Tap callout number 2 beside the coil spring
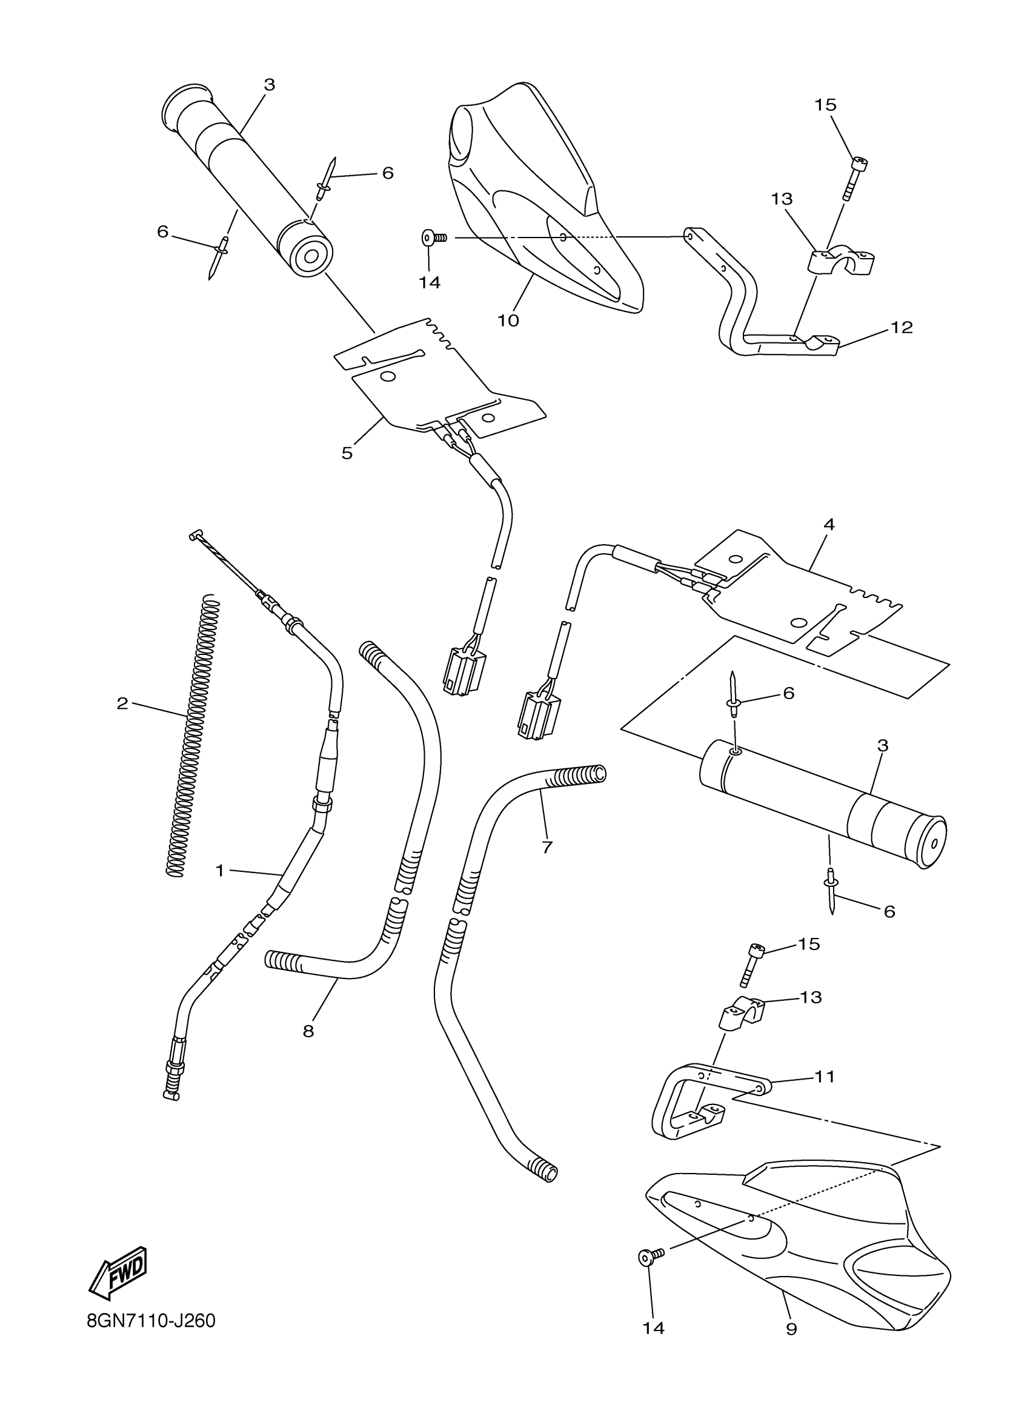[x=122, y=703]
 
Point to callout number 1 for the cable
[x=219, y=870]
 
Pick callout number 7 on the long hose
[x=547, y=847]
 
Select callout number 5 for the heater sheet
[x=347, y=453]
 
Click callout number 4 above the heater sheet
[x=829, y=525]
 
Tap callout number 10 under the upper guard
[x=508, y=320]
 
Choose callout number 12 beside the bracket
[x=902, y=327]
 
